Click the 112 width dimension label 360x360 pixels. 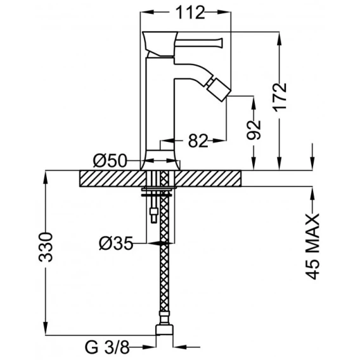pos(190,13)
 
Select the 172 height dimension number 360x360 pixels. pos(280,97)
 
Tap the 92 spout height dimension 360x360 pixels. pos(254,131)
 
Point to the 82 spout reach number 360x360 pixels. pos(198,141)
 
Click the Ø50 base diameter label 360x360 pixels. pos(110,160)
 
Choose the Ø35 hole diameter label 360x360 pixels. pos(116,243)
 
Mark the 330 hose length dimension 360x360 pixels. pos(46,247)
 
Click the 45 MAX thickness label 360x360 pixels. pos(312,247)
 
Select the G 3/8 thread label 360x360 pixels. pos(107,349)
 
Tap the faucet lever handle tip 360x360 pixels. pos(221,42)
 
